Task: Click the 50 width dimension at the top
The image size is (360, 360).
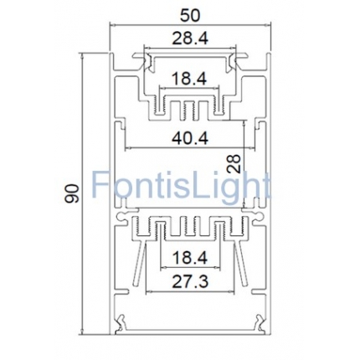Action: pyautogui.click(x=185, y=14)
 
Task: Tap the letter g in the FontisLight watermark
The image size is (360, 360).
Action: pyautogui.click(x=231, y=188)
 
